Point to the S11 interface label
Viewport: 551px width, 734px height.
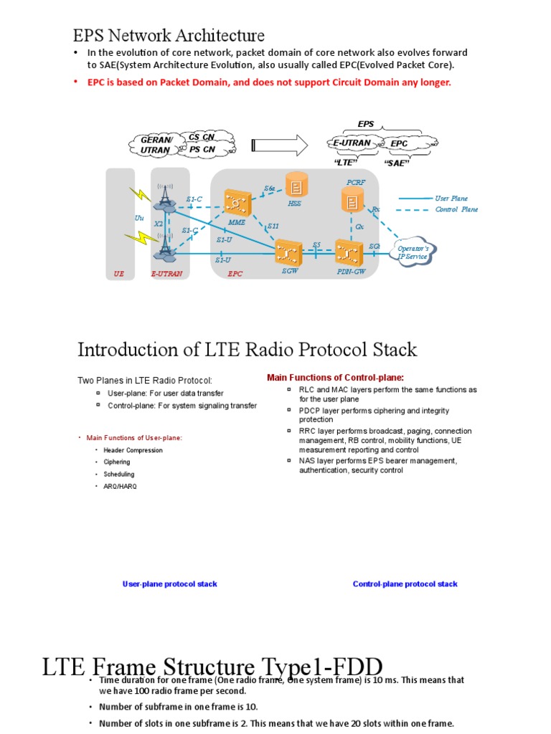coord(273,226)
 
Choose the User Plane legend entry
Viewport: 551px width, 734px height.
coord(451,198)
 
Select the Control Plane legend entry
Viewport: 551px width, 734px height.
coord(456,209)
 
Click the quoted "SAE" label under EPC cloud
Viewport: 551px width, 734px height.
coord(396,163)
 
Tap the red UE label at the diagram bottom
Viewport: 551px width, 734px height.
coord(119,273)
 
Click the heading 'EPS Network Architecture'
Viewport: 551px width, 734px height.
coord(169,35)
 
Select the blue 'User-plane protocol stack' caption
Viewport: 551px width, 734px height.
coord(170,584)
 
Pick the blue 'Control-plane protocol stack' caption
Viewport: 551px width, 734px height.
coord(405,584)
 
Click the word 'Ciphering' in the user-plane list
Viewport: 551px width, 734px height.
coord(117,462)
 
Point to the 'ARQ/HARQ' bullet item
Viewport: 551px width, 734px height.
coord(120,486)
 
